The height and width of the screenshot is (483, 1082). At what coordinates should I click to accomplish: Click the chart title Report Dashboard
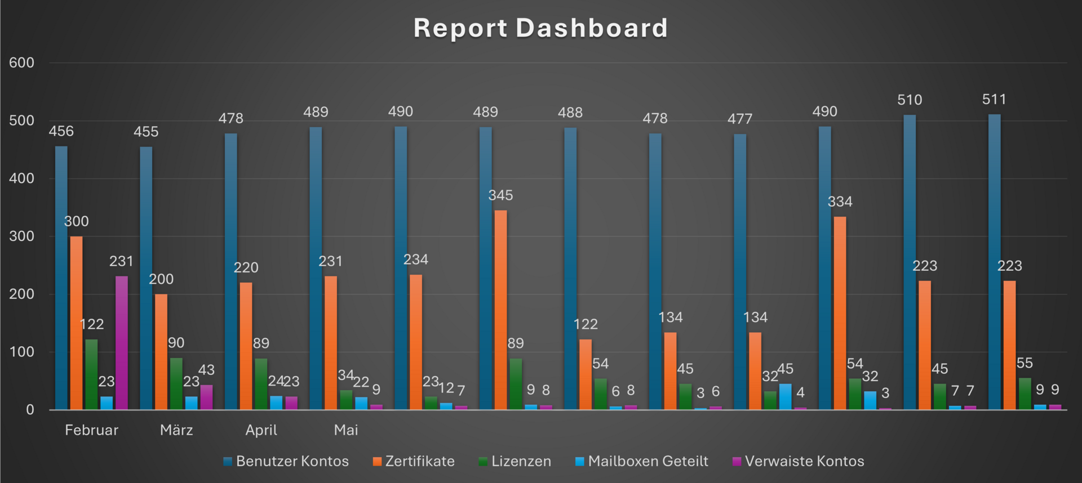540,28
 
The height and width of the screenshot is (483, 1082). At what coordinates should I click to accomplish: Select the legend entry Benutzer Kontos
286,462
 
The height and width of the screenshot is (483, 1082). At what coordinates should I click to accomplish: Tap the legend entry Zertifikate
414,462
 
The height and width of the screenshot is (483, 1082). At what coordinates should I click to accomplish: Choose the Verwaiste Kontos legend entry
798,462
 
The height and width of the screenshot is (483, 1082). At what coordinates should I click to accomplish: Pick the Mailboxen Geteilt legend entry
641,462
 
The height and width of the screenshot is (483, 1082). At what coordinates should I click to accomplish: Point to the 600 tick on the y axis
21,62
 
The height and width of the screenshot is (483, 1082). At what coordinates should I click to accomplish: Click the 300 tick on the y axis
21,236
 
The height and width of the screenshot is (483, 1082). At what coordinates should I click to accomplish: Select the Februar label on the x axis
91,430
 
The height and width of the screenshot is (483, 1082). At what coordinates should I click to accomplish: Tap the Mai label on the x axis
346,430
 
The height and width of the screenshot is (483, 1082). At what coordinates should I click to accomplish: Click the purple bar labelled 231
122,343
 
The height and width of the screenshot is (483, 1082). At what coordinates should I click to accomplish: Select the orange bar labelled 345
500,310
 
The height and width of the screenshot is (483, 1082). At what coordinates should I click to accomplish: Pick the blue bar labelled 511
995,262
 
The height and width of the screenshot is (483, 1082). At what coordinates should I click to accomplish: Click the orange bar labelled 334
840,313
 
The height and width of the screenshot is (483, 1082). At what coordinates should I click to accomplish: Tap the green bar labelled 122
91,374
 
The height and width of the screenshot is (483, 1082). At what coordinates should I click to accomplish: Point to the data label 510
910,100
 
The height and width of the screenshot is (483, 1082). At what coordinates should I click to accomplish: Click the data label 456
61,131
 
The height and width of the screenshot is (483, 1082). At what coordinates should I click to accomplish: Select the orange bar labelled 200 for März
161,352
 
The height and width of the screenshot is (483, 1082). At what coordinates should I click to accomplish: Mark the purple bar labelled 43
206,397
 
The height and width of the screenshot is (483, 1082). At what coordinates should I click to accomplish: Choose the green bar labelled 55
1025,394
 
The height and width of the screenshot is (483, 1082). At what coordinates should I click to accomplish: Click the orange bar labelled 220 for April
246,346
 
